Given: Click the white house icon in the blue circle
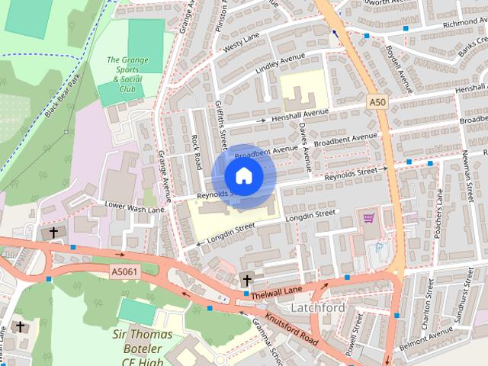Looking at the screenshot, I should click(x=243, y=176).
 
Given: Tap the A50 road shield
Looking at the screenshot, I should click(x=376, y=101).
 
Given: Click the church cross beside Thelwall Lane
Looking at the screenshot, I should click(x=246, y=278).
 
